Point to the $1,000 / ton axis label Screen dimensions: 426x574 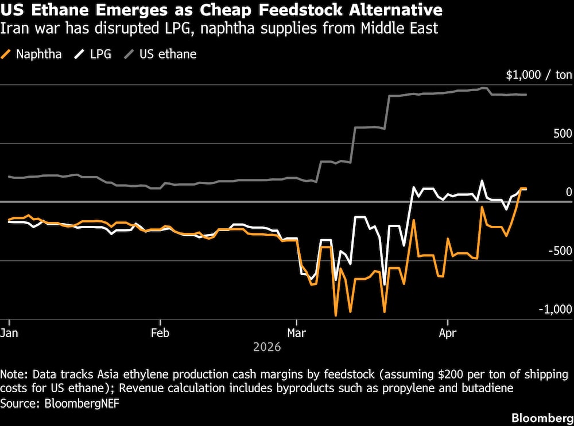click(539, 75)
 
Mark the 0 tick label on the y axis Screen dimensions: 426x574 click(569, 192)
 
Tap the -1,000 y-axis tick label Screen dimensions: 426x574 click(554, 309)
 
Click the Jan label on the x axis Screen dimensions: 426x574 click(10, 333)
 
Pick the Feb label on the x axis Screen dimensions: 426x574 click(160, 333)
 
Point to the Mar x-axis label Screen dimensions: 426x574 click(296, 333)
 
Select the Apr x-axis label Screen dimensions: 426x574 click(447, 333)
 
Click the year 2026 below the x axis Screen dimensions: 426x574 click(267, 347)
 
